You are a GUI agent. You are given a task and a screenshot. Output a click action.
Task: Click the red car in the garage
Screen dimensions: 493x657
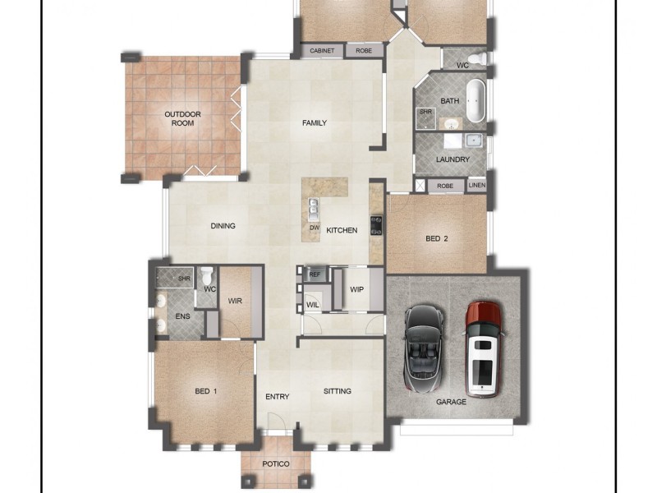[484, 348]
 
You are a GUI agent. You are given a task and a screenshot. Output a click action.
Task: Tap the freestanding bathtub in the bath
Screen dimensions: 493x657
[476, 100]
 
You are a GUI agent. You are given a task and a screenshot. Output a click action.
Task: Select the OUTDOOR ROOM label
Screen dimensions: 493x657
[182, 118]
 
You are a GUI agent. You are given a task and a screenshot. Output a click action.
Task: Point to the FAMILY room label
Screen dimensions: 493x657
[315, 123]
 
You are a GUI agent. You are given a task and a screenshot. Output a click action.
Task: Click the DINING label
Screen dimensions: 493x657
[223, 226]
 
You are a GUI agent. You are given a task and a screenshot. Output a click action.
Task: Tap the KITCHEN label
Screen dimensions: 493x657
[342, 230]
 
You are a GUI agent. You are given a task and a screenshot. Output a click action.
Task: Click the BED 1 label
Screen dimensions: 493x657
[205, 390]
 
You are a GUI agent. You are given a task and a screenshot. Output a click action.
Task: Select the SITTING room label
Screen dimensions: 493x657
[337, 391]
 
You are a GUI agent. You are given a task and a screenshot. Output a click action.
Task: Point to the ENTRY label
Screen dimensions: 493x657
[277, 397]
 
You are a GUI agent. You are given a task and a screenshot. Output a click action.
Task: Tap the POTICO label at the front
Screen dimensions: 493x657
[276, 464]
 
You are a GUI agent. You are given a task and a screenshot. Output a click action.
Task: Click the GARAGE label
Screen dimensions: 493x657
[451, 402]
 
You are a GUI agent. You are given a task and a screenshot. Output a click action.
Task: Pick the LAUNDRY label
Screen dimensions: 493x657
[453, 159]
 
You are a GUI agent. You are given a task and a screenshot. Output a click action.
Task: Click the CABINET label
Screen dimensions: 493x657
[322, 51]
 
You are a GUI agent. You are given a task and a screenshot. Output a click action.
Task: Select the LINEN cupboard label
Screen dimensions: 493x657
[476, 187]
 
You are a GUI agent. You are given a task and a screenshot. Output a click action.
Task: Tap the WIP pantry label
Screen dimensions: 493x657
[356, 289]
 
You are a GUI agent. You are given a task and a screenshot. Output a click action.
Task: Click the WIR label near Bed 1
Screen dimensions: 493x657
[235, 301]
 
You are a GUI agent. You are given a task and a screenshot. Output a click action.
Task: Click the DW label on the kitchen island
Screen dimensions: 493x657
[314, 228]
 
